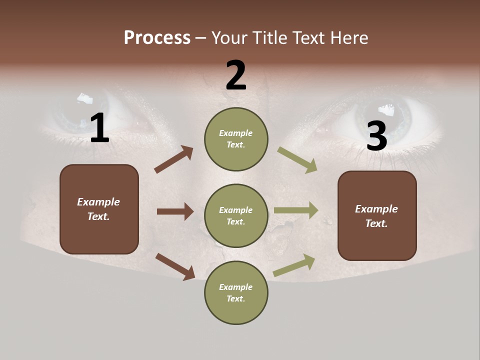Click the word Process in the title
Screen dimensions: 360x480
click(157, 37)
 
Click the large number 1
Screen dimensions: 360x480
click(99, 128)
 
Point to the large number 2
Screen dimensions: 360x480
click(236, 75)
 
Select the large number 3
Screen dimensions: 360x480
click(376, 136)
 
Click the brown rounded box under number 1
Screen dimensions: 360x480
click(99, 209)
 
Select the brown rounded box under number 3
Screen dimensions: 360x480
click(377, 215)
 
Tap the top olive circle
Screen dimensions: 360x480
click(236, 138)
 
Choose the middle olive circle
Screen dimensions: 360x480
click(236, 215)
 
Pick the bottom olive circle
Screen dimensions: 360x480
click(236, 292)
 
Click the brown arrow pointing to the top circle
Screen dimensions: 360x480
click(173, 159)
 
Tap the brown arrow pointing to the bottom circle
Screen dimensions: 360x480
click(175, 266)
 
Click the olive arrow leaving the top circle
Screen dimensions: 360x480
click(297, 160)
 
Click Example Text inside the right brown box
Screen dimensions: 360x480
click(376, 216)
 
